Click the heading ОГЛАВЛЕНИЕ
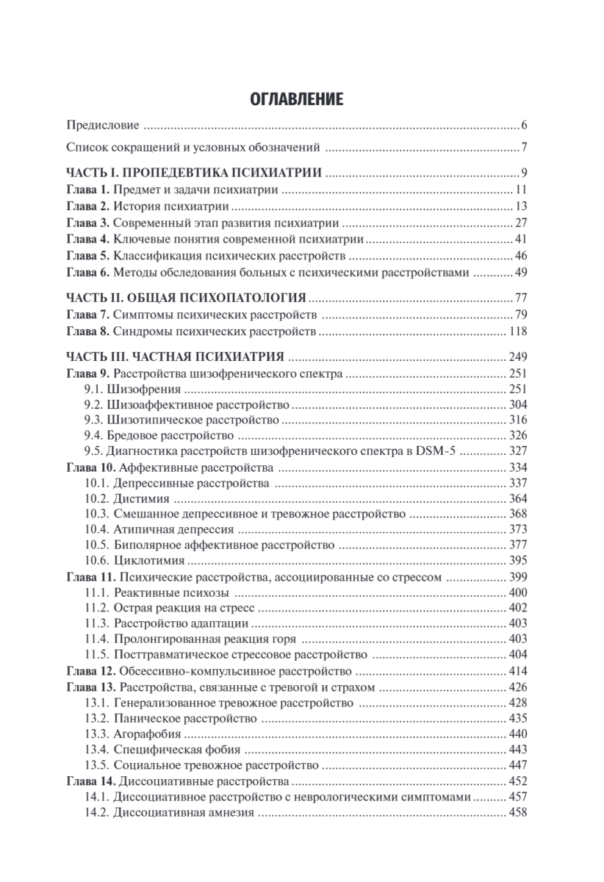(301, 99)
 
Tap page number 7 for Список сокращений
(525, 147)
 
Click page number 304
(517, 405)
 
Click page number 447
(517, 765)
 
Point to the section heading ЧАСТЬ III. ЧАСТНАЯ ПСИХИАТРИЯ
(176, 357)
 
